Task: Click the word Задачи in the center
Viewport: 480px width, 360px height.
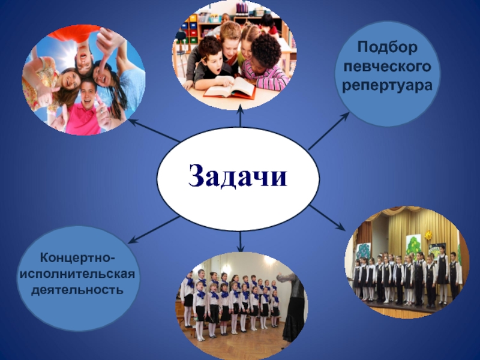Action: pos(238,176)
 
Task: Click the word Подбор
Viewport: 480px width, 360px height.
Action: pos(387,47)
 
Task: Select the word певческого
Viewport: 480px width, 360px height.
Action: pos(387,67)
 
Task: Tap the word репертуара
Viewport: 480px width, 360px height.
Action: pos(387,85)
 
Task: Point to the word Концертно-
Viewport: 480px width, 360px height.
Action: pos(77,257)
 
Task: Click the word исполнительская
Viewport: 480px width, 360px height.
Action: pos(77,274)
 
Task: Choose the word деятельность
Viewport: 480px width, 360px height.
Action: pos(77,289)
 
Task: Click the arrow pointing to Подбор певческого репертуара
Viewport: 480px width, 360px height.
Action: pos(328,131)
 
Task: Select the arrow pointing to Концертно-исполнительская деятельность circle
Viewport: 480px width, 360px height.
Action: pos(154,230)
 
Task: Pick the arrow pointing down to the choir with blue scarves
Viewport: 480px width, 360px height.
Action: pos(241,242)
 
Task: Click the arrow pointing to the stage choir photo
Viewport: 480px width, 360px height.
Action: pos(327,218)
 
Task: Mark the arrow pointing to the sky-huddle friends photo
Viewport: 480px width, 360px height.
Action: pos(154,130)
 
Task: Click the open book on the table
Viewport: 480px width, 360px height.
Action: pos(230,87)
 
